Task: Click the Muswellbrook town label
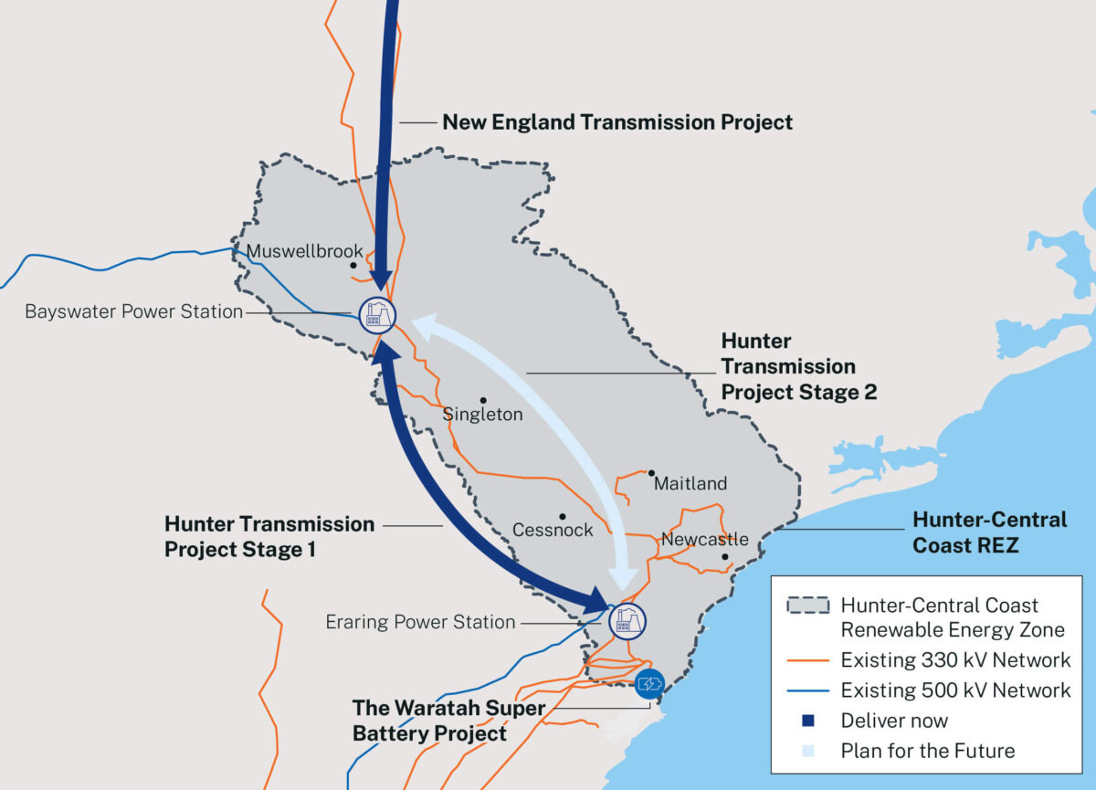coord(304,251)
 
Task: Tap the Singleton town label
coord(482,415)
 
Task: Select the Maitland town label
coord(690,483)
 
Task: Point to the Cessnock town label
coord(553,530)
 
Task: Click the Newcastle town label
coord(705,539)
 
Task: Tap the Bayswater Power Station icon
coord(376,314)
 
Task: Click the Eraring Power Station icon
coord(627,620)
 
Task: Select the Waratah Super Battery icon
coord(649,683)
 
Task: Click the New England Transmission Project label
coord(617,121)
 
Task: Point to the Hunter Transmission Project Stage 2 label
coord(798,366)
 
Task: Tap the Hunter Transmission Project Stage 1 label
coord(269,537)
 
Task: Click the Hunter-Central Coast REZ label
coord(990,532)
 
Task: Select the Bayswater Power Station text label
coord(133,311)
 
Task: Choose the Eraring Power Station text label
coord(420,622)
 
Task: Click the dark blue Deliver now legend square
coord(806,721)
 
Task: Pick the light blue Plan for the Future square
coord(806,752)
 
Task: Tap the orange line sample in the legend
coord(806,659)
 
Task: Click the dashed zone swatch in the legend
coord(806,606)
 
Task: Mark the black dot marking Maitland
coord(651,473)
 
